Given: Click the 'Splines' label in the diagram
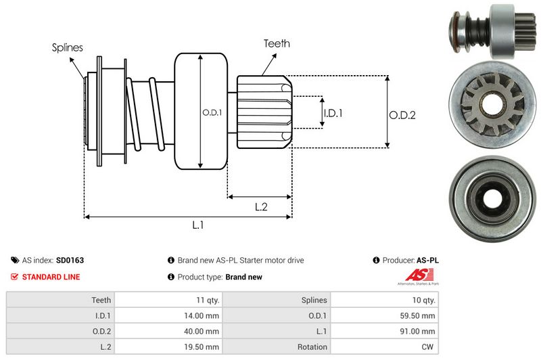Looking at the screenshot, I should click(68, 48).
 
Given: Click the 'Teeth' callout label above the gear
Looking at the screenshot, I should click(277, 43).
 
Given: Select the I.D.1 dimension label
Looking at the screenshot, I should click(333, 113).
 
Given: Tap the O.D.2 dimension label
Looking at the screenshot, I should click(402, 115).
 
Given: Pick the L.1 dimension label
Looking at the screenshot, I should click(198, 226).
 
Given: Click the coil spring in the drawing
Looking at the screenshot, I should click(145, 112).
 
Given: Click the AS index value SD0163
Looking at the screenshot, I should click(70, 260).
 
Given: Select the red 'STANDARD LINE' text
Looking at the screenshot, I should click(51, 277).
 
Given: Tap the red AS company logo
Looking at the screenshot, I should click(415, 275).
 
